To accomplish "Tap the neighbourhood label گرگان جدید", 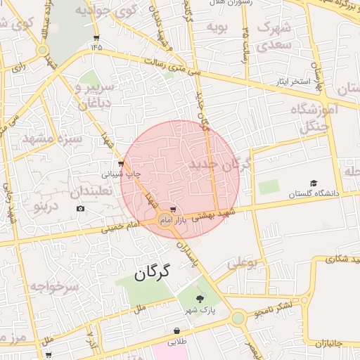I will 219,165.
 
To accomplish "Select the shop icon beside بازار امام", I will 173,210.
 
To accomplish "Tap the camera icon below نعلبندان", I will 81,209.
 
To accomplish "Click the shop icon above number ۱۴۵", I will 96,38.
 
